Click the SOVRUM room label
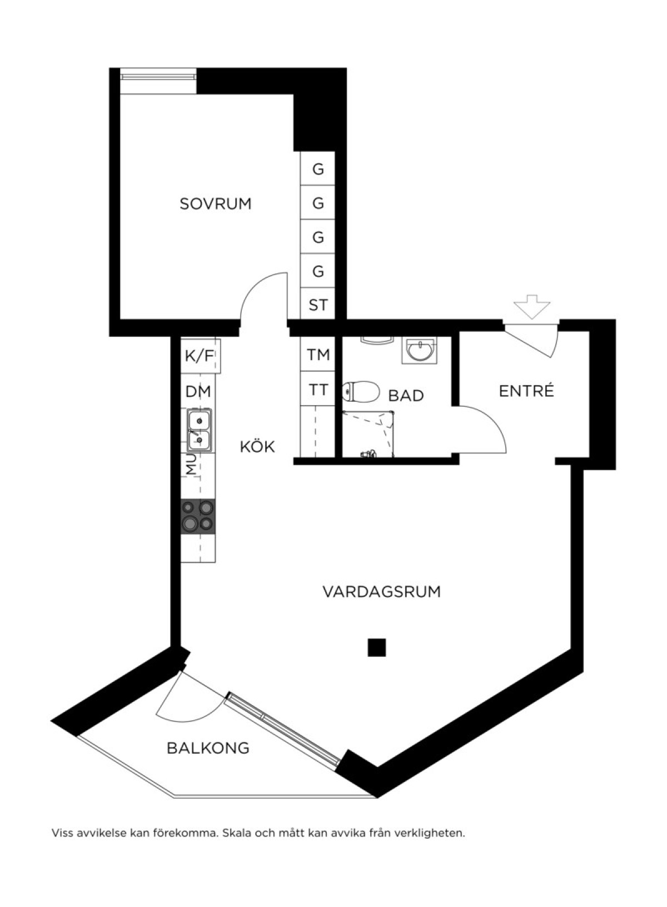[216, 203]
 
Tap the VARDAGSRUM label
[382, 591]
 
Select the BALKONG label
[208, 748]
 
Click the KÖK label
[257, 446]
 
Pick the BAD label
[406, 396]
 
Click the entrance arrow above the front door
[532, 307]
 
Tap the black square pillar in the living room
[377, 647]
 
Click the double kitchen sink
[199, 430]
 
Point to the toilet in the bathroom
[360, 392]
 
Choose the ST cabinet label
[318, 305]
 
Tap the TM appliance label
[318, 355]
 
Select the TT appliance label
[318, 390]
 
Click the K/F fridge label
[199, 356]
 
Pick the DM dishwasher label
[198, 392]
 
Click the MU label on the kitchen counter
[191, 464]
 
